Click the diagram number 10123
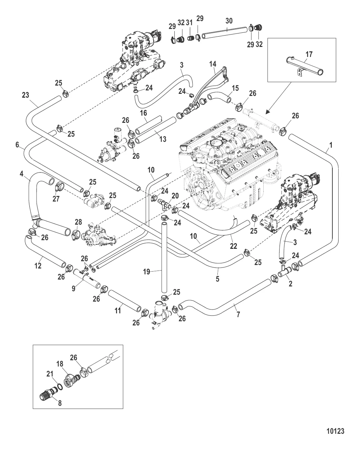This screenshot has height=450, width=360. tap(335, 431)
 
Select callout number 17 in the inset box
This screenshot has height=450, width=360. tap(309, 54)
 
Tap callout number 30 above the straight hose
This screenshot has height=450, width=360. tap(229, 21)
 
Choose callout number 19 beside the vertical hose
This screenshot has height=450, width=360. tap(147, 272)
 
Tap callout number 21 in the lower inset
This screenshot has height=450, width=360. tap(50, 374)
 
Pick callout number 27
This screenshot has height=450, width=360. tap(56, 199)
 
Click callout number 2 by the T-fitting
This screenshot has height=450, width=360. tap(290, 284)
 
